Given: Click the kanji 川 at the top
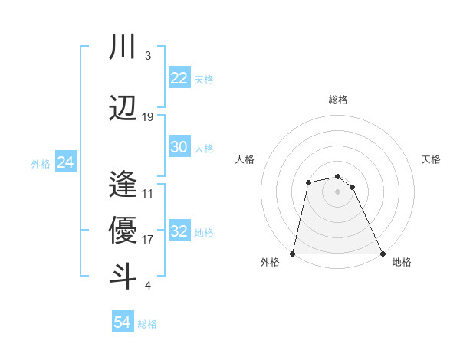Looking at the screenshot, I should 123,47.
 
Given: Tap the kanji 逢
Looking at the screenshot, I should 123,185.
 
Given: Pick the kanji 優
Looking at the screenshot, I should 123,230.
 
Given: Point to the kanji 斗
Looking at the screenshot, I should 123,275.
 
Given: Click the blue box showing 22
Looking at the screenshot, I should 179,78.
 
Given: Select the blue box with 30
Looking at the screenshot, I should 179,147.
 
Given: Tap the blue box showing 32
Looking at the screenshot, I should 179,231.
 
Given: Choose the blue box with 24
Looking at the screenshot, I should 66,162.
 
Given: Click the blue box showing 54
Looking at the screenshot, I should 123,322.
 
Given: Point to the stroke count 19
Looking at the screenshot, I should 148,117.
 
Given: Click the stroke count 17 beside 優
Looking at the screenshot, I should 148,240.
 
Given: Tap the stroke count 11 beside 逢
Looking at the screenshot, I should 148,194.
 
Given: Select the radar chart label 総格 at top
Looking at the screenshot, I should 337,100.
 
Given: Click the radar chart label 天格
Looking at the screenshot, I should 432,159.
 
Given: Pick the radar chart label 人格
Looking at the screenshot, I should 245,159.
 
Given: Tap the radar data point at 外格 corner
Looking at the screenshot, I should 293,254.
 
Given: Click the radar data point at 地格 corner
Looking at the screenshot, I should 382,254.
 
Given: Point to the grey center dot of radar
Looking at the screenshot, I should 337,191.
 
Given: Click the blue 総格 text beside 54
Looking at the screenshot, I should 147,324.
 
